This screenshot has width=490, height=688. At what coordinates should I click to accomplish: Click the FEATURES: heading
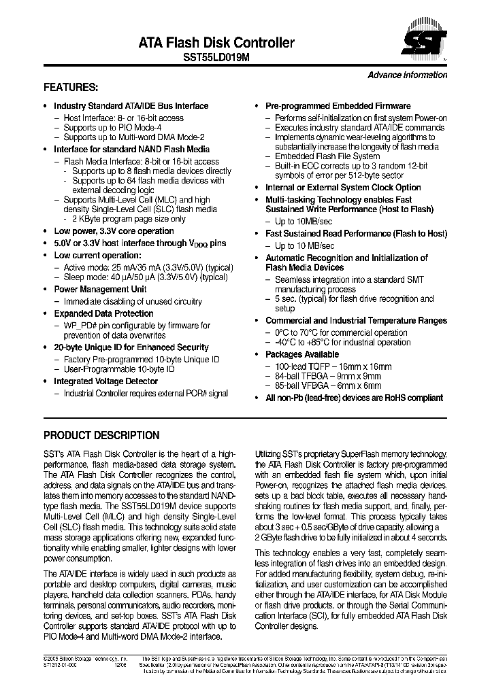[71, 88]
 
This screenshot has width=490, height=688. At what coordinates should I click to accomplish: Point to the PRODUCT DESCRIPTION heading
[101, 435]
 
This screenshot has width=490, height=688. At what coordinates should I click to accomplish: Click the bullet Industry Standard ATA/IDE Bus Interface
[131, 106]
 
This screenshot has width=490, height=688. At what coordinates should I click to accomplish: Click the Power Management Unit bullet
[100, 289]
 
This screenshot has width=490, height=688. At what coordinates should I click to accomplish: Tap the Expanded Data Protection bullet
[103, 313]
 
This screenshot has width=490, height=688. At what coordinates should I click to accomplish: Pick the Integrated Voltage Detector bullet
[105, 381]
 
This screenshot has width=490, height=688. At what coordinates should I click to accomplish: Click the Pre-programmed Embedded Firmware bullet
[338, 106]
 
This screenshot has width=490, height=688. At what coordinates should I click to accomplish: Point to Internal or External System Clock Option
[343, 188]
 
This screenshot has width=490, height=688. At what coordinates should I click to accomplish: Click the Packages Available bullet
[301, 354]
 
